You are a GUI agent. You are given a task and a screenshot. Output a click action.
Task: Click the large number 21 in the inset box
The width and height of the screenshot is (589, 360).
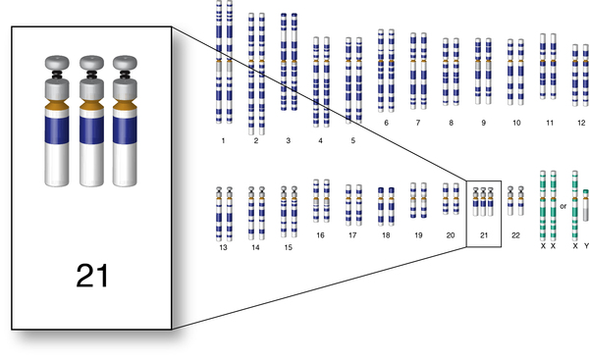point(92,276)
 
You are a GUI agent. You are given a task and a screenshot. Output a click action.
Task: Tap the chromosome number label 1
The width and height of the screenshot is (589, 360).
point(223,141)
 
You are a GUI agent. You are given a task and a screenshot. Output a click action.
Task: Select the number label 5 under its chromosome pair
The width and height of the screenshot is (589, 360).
point(353,140)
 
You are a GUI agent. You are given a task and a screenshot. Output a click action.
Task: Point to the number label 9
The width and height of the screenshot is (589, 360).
point(483,123)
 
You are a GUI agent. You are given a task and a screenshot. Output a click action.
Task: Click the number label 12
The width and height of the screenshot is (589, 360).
point(581,123)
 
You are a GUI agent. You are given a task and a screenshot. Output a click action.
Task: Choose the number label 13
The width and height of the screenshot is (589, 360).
point(223,247)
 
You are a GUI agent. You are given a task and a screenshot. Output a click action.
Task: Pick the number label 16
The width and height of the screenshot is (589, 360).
point(320,235)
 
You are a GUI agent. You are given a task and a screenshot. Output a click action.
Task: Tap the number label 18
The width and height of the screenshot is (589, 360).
point(386,235)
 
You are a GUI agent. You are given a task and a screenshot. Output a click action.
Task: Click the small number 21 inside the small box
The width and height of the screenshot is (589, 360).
point(484,235)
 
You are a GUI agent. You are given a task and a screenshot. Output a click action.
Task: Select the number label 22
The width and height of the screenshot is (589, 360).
point(515,235)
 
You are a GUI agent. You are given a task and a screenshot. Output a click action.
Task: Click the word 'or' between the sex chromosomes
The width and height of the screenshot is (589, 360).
point(563,206)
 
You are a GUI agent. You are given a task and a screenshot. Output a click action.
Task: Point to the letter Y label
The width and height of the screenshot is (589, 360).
point(586,246)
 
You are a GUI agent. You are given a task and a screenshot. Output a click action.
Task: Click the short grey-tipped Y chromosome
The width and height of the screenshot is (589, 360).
point(586,205)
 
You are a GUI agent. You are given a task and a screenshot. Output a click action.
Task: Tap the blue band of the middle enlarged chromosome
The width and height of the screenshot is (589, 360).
point(91,129)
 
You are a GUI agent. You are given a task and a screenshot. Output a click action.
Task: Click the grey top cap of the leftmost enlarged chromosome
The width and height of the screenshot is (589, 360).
point(57,63)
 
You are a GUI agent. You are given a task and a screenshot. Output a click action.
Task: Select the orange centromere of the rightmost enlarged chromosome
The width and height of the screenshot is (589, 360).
point(125,104)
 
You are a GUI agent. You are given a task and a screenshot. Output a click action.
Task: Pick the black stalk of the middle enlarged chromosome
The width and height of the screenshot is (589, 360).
point(91,75)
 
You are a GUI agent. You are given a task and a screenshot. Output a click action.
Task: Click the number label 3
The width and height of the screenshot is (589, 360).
point(288,141)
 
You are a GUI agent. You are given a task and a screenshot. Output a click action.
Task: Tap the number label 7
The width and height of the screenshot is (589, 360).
point(418,123)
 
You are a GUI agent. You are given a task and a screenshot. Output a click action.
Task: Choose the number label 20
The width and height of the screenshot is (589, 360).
point(451,235)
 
